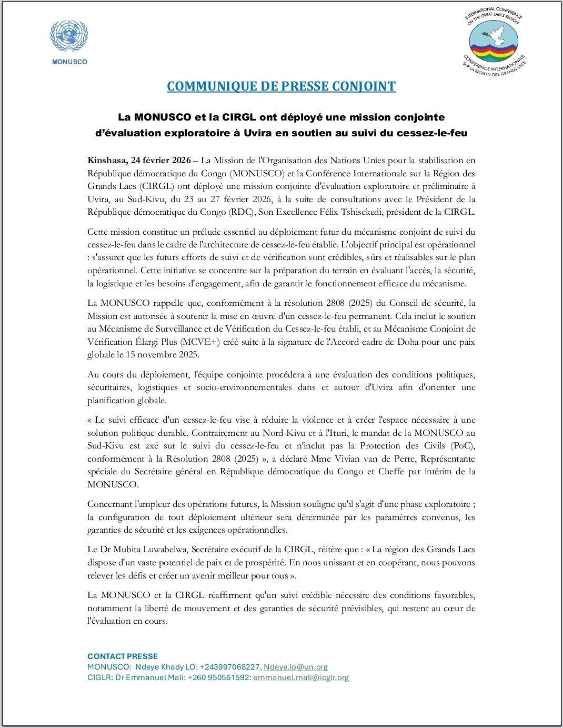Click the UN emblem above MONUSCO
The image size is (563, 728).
pyautogui.click(x=69, y=36)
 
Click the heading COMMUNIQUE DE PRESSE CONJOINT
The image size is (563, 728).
pyautogui.click(x=281, y=86)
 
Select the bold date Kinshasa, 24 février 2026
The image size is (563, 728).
pyautogui.click(x=139, y=161)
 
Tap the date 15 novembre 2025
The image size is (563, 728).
pyautogui.click(x=163, y=355)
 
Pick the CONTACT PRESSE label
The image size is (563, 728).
pyautogui.click(x=123, y=656)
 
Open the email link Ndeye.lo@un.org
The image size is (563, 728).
pyautogui.click(x=296, y=667)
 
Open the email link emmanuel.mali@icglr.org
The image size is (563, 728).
pyautogui.click(x=301, y=677)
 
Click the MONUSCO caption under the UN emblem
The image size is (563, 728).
pyautogui.click(x=69, y=62)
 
